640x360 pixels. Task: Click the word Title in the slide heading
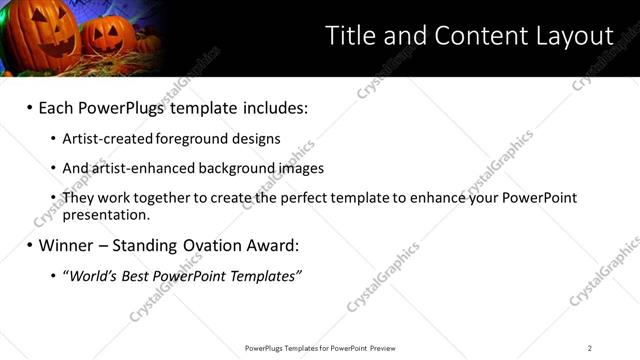pyautogui.click(x=350, y=36)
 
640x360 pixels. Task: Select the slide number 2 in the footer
pyautogui.click(x=590, y=348)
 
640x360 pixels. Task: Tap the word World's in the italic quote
pyautogui.click(x=95, y=275)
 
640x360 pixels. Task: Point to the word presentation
pyautogui.click(x=106, y=214)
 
